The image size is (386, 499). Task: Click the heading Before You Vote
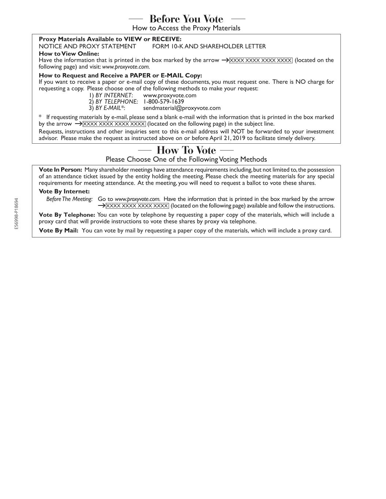click(x=186, y=19)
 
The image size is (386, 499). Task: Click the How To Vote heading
click(x=186, y=150)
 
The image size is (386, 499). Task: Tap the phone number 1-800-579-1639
click(x=164, y=102)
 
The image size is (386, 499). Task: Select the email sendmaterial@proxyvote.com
click(x=182, y=108)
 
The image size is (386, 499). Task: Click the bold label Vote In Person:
click(x=60, y=170)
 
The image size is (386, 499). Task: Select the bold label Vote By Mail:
click(x=59, y=230)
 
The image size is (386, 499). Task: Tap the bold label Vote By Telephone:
click(x=67, y=215)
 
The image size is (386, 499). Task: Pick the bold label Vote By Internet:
click(x=64, y=191)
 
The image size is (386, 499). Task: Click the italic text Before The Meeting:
click(x=70, y=199)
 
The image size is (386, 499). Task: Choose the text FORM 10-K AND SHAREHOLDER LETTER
click(x=209, y=46)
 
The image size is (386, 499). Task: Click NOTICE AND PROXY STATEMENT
click(x=87, y=46)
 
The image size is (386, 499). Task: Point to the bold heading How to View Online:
click(x=69, y=53)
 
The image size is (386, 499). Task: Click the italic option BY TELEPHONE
click(x=116, y=102)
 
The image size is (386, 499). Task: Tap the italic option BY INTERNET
click(x=113, y=95)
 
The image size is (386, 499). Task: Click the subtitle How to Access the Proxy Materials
click(x=186, y=28)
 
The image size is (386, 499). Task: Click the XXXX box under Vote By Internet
click(x=137, y=206)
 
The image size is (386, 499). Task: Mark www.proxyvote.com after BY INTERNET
click(x=170, y=95)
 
